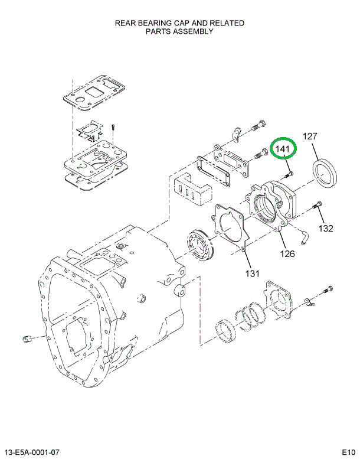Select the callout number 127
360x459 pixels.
310,136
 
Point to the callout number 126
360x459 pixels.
287,255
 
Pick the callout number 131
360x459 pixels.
252,273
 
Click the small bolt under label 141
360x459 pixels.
289,174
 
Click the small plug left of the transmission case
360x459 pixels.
26,338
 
